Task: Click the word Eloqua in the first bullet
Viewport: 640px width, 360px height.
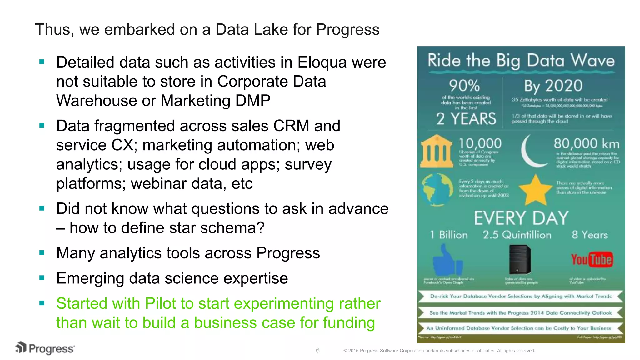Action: tap(322, 62)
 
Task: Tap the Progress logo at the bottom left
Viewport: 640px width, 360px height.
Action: tap(45, 348)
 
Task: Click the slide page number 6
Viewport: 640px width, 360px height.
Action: tap(317, 350)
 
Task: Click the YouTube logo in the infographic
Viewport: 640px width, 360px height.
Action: tap(592, 260)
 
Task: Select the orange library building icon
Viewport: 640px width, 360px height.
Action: tap(437, 151)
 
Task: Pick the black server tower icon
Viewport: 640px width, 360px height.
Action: tap(520, 259)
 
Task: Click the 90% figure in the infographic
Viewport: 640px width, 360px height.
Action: tap(464, 85)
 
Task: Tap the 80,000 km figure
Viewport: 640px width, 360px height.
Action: tap(586, 144)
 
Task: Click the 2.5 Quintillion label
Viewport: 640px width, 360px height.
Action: tap(517, 235)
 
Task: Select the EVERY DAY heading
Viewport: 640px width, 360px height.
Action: tap(521, 218)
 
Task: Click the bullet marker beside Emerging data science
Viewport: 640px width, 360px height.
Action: tap(42, 278)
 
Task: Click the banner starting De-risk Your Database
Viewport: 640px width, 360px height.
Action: tap(520, 296)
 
